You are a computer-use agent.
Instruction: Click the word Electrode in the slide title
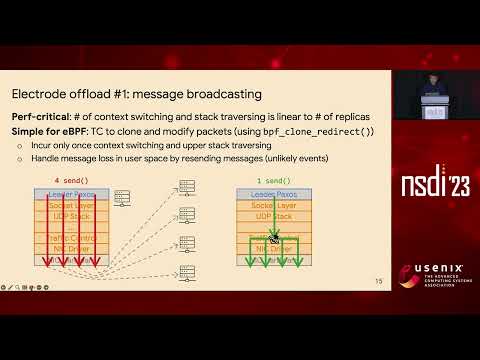[x=39, y=95]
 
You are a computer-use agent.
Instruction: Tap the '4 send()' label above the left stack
[x=72, y=181]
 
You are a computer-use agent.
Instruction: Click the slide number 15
[x=378, y=281]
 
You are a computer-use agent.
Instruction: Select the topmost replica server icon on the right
[x=185, y=187]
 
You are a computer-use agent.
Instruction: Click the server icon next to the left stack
[x=121, y=198]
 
